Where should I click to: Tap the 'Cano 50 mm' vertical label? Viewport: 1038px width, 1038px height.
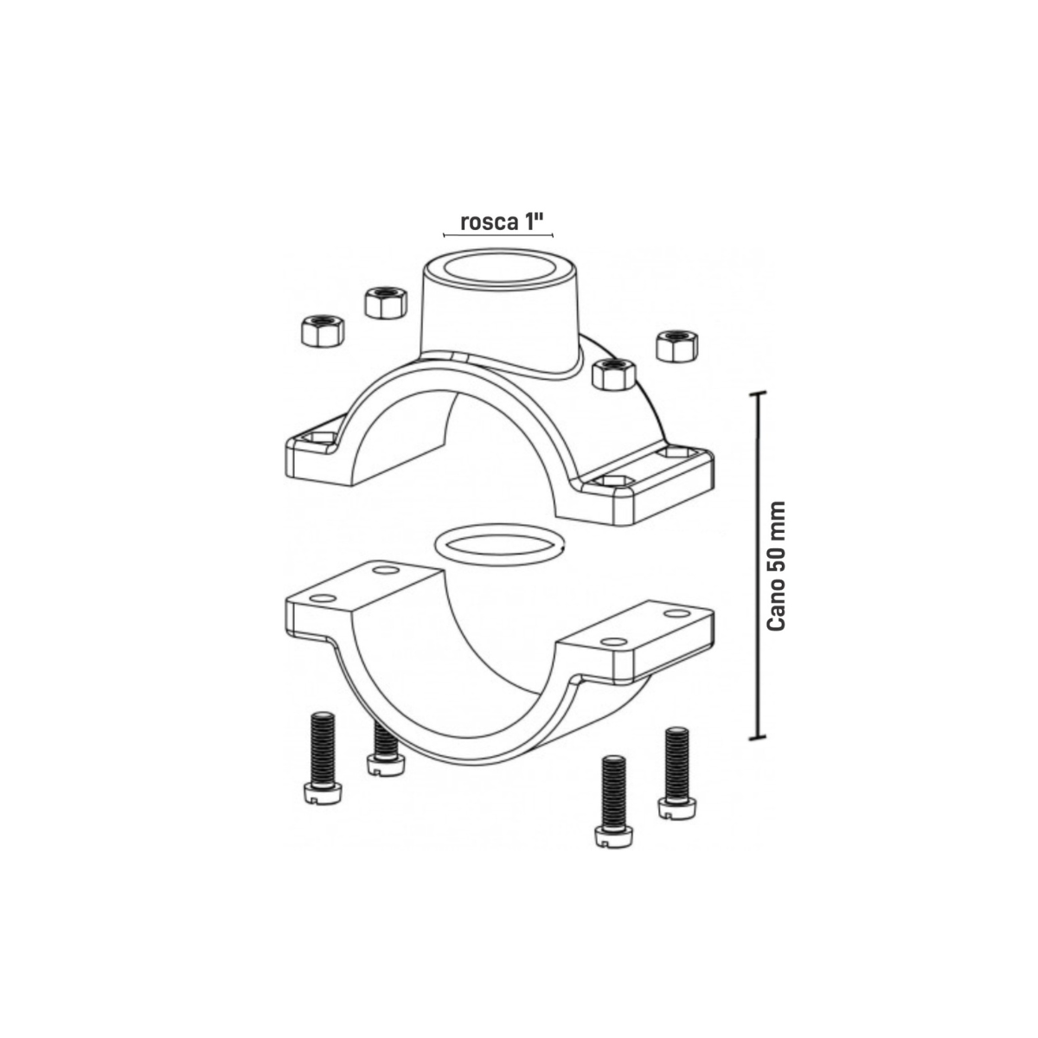pyautogui.click(x=776, y=566)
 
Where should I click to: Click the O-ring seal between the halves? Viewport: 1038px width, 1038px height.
pyautogui.click(x=499, y=545)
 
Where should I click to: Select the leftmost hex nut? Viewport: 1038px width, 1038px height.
pyautogui.click(x=322, y=330)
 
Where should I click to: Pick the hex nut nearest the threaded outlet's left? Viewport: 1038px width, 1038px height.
pyautogui.click(x=385, y=304)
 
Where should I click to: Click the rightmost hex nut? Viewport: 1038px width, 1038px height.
pyautogui.click(x=677, y=345)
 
